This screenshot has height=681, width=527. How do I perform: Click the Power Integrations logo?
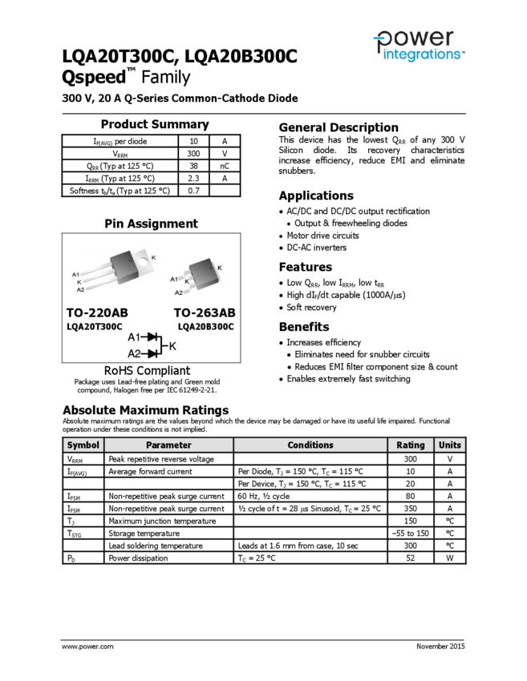(x=417, y=45)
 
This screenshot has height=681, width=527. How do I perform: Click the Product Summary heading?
(x=154, y=124)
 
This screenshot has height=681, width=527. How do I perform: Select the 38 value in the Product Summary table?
(x=193, y=166)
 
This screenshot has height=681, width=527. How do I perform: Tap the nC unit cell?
(x=225, y=166)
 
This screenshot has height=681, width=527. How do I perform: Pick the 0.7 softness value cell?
(x=193, y=191)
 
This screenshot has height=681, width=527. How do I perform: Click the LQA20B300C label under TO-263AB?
(x=205, y=326)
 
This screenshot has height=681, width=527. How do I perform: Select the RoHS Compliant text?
(x=147, y=370)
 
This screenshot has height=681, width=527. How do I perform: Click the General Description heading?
(x=338, y=127)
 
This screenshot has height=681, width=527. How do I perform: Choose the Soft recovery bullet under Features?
(x=311, y=307)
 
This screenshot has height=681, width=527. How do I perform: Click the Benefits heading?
(x=303, y=327)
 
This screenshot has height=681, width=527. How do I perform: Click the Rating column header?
(x=411, y=445)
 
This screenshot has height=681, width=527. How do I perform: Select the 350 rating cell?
(x=411, y=508)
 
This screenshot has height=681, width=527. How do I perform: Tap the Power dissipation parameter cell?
(x=138, y=558)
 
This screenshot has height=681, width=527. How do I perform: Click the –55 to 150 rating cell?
(x=411, y=533)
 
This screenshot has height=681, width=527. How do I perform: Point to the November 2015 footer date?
(x=440, y=646)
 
